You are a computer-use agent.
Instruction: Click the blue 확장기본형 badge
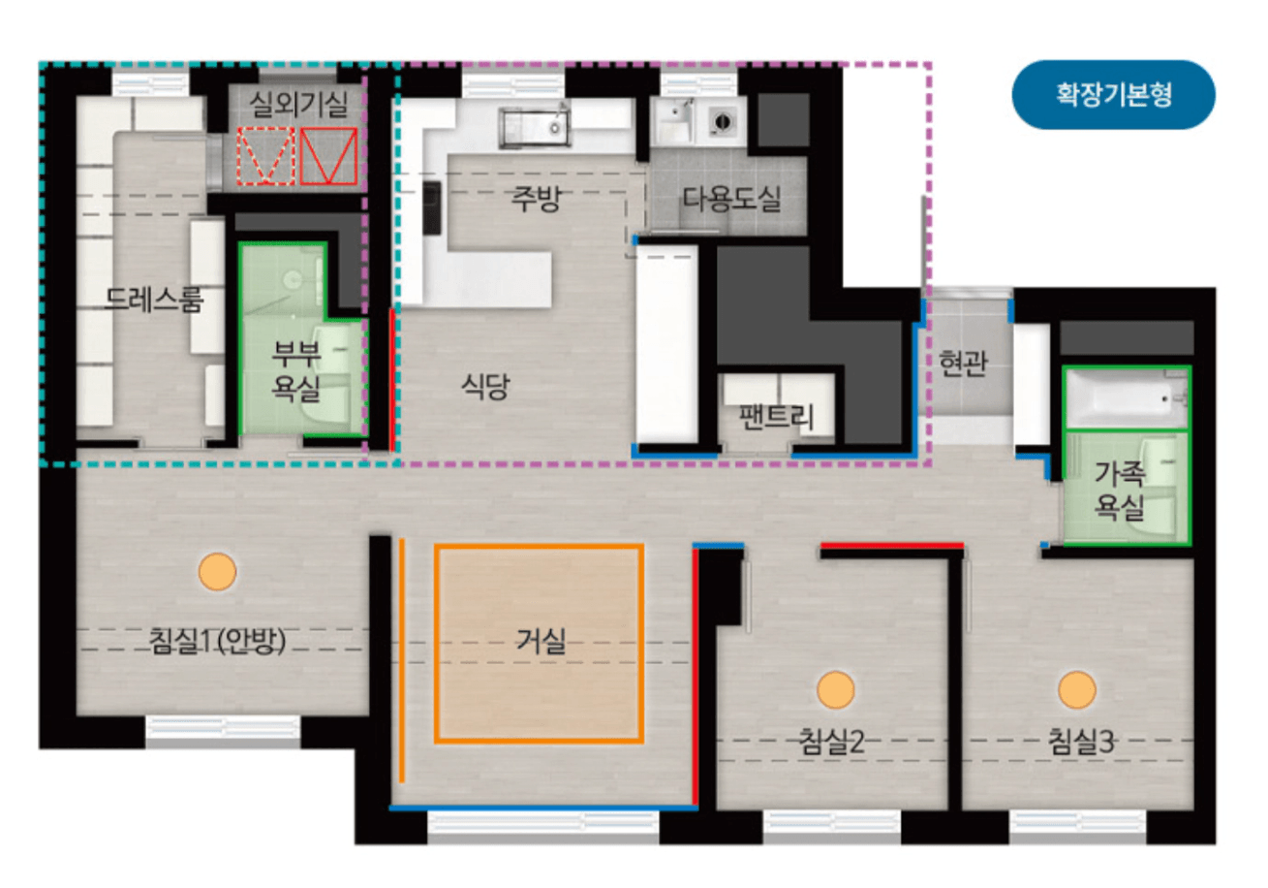pos(1113,95)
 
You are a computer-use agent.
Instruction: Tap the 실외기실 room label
pos(298,105)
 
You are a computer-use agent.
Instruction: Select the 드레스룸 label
pos(154,300)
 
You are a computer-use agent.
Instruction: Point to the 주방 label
pos(536,198)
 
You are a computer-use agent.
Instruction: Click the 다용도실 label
pos(731,199)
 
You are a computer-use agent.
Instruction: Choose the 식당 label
pos(485,387)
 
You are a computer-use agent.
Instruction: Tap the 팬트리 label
pos(776,417)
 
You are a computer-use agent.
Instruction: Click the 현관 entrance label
pos(963,364)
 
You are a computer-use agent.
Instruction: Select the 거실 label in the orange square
pos(541,642)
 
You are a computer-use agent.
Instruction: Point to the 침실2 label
pos(831,742)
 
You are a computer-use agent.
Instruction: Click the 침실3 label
pos(1081,742)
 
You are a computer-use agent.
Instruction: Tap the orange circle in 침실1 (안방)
pos(217,572)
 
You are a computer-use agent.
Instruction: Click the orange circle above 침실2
pos(836,689)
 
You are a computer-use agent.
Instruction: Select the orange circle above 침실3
pos(1077,689)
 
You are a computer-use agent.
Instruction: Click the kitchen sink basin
pos(535,128)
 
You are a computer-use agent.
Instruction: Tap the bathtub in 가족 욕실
pos(1127,397)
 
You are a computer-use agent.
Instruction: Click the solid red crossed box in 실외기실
pos(328,156)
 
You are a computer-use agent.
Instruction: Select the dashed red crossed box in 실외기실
pos(265,156)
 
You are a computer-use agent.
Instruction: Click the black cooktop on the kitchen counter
pos(432,207)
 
